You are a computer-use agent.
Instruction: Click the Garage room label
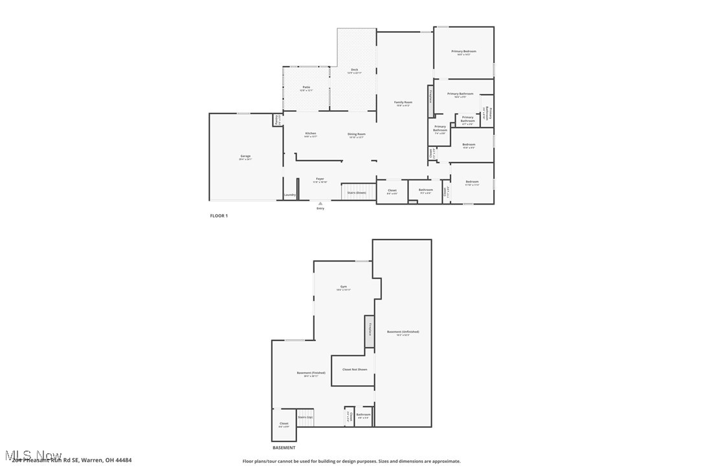245,157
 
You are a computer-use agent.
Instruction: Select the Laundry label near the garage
289,195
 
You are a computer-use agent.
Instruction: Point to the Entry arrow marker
320,203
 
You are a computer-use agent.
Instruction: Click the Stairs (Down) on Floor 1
357,192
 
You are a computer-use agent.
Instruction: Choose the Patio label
306,88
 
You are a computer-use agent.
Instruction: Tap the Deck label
354,71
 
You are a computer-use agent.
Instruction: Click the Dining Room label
357,135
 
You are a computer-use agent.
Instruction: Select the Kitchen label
311,134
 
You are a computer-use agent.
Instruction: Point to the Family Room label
403,103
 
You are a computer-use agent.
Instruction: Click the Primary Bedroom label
463,52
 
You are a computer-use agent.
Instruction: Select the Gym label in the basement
344,287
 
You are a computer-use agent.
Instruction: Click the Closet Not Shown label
354,370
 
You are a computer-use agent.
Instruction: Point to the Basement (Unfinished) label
403,333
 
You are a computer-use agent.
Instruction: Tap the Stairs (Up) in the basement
305,418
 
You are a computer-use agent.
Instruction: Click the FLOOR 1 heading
219,216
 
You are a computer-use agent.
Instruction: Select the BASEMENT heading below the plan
284,447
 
